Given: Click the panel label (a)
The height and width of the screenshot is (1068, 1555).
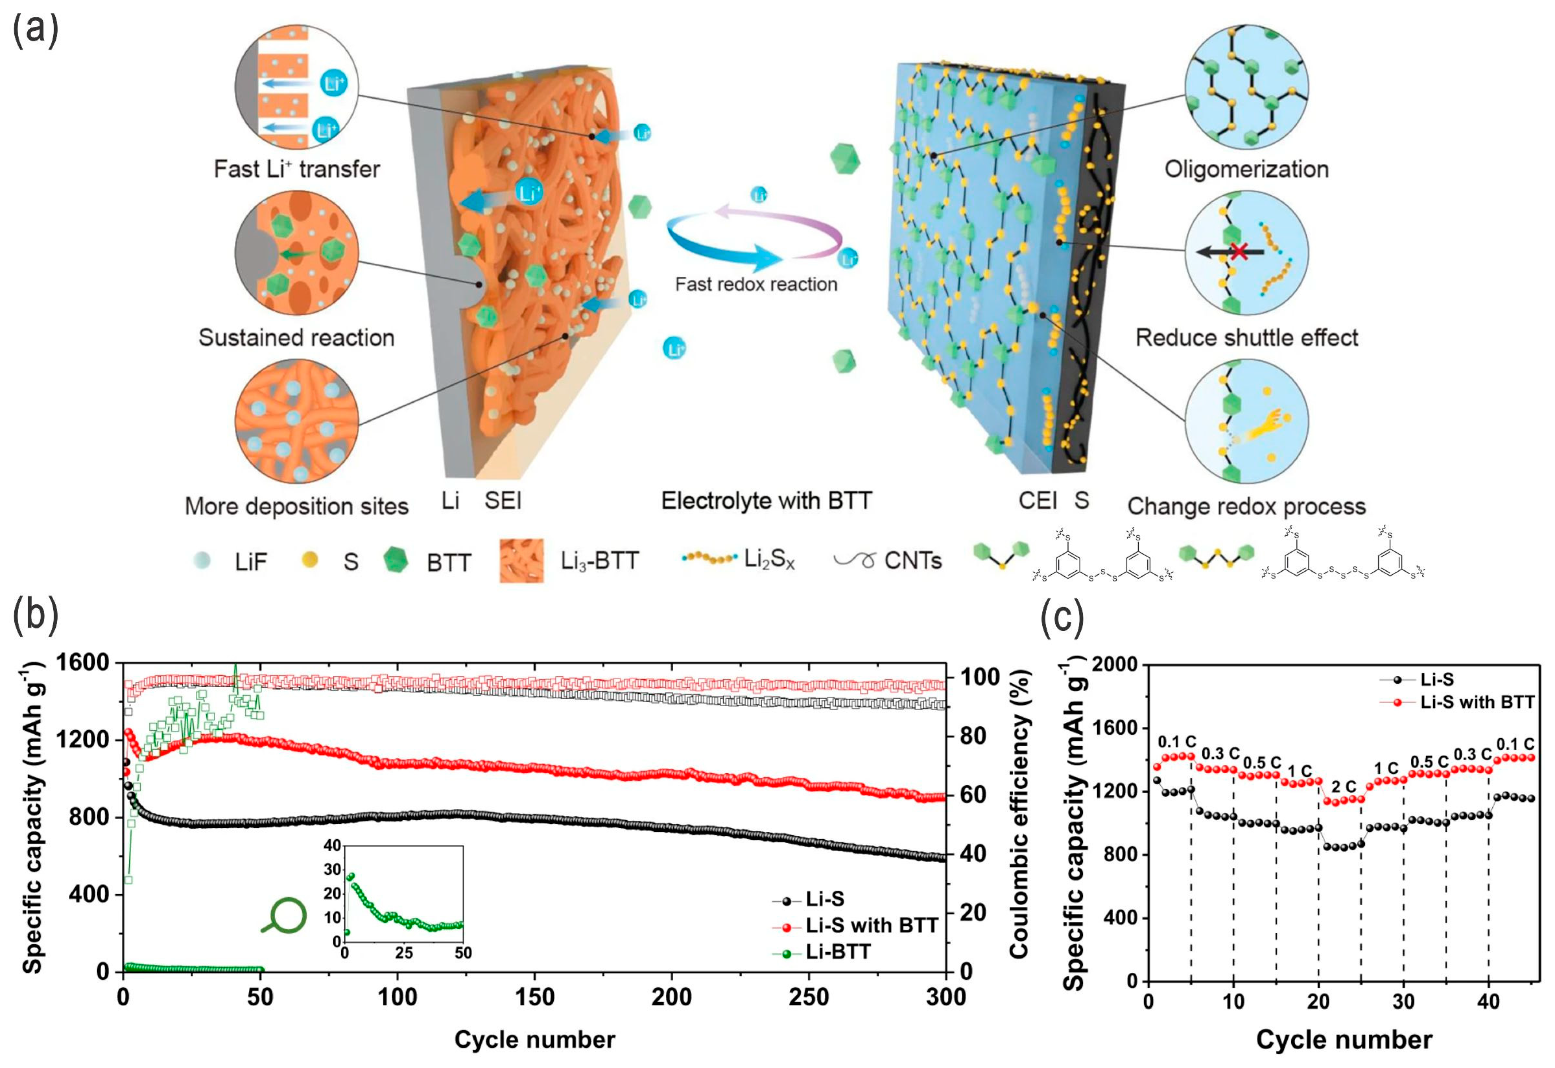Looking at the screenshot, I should pos(35,30).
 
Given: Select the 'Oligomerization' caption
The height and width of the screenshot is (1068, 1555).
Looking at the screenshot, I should pos(1246,169).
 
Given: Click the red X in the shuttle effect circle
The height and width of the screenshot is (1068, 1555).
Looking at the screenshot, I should pos(1239,252).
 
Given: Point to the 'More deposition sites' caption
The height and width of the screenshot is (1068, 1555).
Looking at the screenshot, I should pos(297,507).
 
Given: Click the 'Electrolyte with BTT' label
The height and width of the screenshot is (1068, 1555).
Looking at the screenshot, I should pos(766,501).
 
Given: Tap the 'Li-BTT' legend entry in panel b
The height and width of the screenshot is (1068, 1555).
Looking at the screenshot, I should pos(838,952).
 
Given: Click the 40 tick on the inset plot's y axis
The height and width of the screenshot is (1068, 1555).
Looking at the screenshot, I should pos(332,845).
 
